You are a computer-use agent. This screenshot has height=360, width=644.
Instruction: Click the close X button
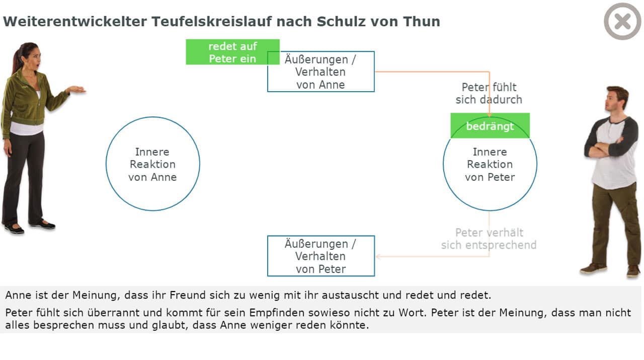click(622, 21)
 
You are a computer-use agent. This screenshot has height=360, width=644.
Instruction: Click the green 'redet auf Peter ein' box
click(232, 52)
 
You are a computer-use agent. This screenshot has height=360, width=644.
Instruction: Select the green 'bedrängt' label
click(490, 126)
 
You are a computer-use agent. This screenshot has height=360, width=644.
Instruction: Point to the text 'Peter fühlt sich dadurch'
click(489, 93)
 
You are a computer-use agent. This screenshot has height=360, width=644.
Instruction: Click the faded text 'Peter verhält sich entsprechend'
click(489, 239)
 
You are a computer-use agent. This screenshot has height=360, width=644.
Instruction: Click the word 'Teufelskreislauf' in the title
click(211, 21)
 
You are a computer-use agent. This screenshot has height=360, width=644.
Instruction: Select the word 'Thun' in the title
click(422, 21)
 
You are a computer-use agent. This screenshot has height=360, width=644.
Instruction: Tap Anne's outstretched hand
click(76, 90)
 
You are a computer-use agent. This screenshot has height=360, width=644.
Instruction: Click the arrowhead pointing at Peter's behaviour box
click(378, 256)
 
